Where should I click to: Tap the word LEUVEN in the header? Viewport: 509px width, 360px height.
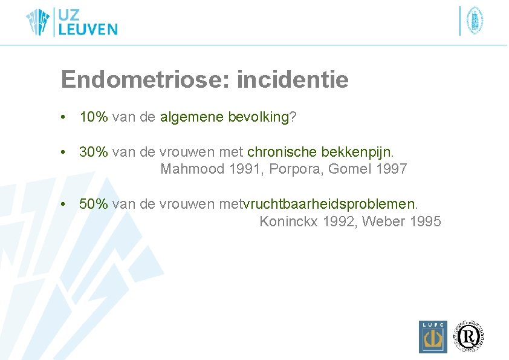click(x=88, y=29)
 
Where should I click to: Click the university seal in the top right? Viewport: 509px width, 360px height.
click(x=475, y=21)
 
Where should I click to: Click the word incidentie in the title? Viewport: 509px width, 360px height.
click(x=293, y=80)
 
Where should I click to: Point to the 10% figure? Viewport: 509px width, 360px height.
click(x=94, y=117)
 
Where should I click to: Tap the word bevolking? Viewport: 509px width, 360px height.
click(x=259, y=117)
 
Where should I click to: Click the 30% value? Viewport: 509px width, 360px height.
click(x=94, y=152)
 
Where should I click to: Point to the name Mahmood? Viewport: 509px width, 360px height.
click(x=192, y=169)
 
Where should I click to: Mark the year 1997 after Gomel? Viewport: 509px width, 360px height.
click(x=391, y=169)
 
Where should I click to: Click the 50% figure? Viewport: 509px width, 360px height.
click(x=94, y=204)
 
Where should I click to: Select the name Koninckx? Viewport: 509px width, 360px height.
click(x=289, y=221)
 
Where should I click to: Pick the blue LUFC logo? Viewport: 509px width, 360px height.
click(x=433, y=336)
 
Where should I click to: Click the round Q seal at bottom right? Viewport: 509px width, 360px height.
click(x=470, y=335)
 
